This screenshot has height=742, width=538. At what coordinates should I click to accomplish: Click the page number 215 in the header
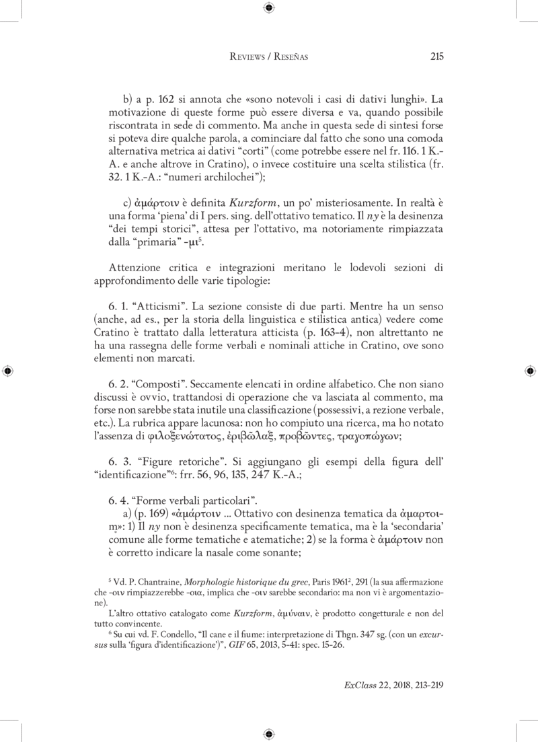436,57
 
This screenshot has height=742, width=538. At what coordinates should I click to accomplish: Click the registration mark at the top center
269,8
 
